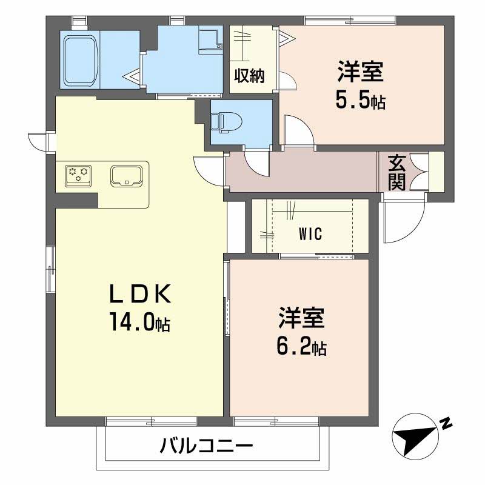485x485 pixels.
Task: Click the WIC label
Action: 310,233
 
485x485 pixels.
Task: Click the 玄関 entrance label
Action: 396,173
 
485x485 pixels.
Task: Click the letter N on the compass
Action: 445,423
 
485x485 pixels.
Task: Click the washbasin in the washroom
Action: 210,39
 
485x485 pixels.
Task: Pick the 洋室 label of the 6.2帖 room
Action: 301,319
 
